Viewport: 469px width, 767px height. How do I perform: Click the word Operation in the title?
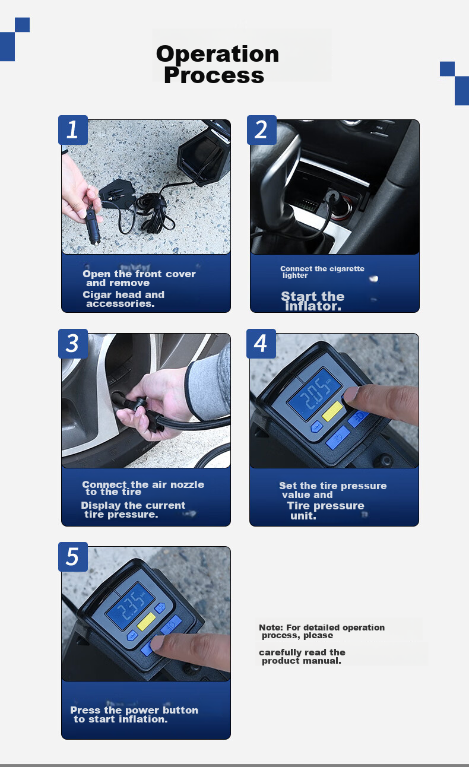tap(217, 54)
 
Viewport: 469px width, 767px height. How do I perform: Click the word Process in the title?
tap(214, 75)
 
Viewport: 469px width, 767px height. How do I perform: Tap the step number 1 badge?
tap(73, 130)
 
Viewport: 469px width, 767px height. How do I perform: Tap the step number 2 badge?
tap(262, 130)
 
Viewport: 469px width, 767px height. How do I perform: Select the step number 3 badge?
tap(73, 344)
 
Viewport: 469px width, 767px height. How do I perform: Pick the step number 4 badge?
tap(261, 344)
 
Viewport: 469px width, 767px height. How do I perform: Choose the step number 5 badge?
tap(73, 557)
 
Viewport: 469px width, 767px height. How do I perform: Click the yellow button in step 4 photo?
tap(332, 411)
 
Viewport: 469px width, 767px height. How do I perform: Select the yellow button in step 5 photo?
tap(146, 622)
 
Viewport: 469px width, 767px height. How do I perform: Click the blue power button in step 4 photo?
tap(338, 438)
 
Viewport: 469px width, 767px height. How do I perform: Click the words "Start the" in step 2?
tap(312, 296)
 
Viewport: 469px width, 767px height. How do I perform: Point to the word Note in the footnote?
tap(271, 627)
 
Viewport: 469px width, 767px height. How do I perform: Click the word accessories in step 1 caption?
tap(120, 304)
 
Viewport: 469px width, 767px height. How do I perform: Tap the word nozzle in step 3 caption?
tap(187, 484)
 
